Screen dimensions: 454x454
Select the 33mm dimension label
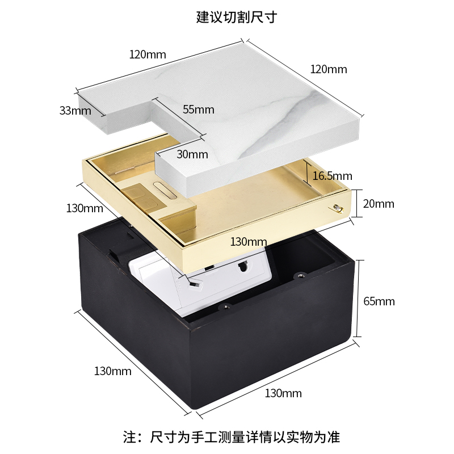pos(75,110)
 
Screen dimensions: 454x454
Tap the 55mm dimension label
pos(199,110)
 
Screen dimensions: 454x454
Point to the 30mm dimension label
pos(192,154)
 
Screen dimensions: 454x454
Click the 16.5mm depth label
pos(333,176)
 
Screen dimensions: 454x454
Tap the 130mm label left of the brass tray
pos(85,208)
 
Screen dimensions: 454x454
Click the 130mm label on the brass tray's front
pos(248,242)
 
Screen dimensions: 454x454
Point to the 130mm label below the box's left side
pos(112,372)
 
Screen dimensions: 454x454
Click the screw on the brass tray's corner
pos(338,208)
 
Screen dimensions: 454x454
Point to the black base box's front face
pos(267,352)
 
